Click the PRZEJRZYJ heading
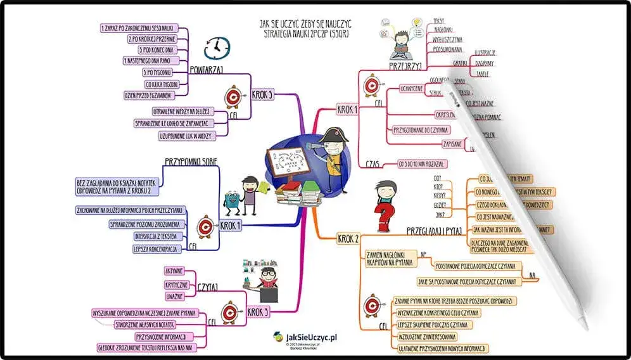coord(405,65)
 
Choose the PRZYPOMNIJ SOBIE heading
coord(191,162)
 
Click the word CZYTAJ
coord(208,286)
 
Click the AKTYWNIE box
coord(174,271)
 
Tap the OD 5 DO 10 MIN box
coord(421,164)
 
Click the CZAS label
coord(373,163)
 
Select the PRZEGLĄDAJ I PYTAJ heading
coord(435,231)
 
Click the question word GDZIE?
coord(439,205)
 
